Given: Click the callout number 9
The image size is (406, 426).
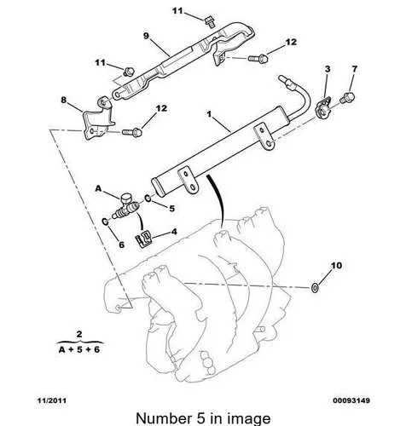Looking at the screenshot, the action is pos(146,36).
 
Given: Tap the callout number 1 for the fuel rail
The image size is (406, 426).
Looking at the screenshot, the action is pos(209,114).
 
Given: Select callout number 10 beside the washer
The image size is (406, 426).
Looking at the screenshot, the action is pos(336,266).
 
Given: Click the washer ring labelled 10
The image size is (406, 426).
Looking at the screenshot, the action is pos(315,288).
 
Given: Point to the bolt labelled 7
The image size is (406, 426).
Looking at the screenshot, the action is pos(348,97).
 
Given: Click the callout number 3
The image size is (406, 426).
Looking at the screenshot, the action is pos(328,69).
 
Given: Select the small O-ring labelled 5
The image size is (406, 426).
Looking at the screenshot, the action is pos(148,199).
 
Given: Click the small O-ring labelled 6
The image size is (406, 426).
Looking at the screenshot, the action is pos(105,222).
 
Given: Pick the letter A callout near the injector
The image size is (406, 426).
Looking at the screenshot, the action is pos(98,188).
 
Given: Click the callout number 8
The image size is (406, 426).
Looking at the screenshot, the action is pos(64,100).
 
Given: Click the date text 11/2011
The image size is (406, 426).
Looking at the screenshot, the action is pos(52,400).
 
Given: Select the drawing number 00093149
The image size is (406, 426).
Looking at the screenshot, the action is pos(351,400).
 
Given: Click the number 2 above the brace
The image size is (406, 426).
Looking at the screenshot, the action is pos(79,334).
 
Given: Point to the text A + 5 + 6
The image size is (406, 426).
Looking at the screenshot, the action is pos(79,349).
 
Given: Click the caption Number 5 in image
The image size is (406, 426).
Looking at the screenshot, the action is pos(203,418).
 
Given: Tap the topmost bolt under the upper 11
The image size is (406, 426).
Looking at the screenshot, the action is pos(210,22).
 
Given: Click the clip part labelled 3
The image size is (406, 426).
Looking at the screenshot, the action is pos(323,107).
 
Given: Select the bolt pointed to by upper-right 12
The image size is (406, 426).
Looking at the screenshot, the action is pos(258,59).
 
